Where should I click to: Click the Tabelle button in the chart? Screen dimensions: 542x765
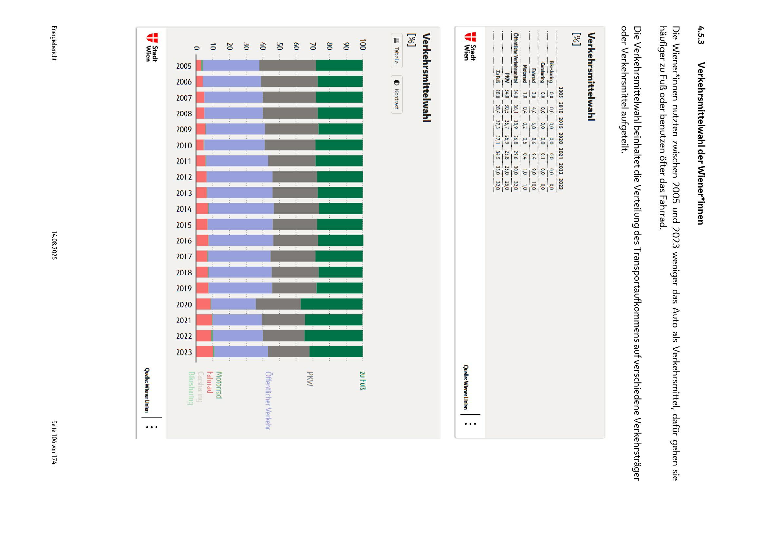(397, 51)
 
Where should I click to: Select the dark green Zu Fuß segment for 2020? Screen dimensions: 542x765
(331, 304)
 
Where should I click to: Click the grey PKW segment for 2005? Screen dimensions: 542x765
(288, 66)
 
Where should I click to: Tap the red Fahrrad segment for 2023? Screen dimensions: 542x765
(204, 352)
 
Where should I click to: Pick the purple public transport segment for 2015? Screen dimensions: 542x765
(240, 224)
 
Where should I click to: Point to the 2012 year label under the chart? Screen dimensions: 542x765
(184, 177)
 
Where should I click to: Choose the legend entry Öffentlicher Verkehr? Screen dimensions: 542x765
(268, 400)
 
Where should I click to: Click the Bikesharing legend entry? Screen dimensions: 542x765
(191, 388)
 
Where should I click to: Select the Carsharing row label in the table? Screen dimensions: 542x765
(543, 72)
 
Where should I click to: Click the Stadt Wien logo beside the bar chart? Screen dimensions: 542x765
(152, 48)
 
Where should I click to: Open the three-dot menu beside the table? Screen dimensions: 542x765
(470, 424)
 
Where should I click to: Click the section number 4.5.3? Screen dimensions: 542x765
(700, 35)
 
